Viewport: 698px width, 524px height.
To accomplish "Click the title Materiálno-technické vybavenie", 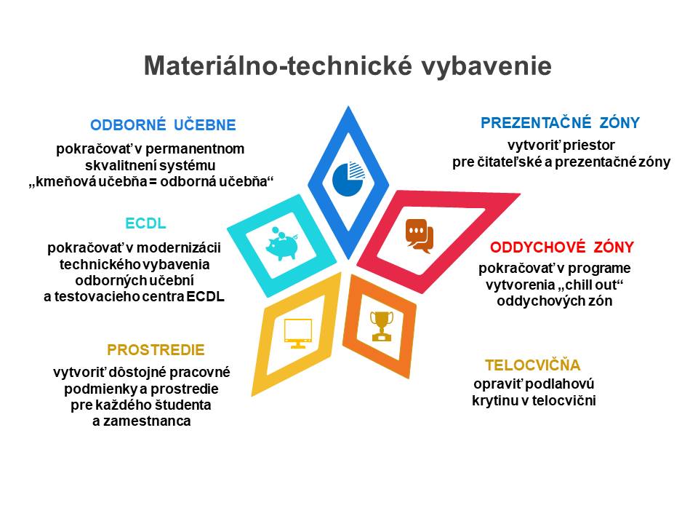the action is point(348,66).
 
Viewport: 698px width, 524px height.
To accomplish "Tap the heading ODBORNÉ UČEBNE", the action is point(163,124).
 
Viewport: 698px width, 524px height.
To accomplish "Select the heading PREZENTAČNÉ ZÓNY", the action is point(560,122).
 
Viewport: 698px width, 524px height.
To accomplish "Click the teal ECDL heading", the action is point(145,223).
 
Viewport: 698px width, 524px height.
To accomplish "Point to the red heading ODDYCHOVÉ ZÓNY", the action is point(562,247).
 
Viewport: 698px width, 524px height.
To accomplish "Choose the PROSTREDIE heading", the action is point(156,350).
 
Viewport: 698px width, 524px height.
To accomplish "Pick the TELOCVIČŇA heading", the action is point(533,365).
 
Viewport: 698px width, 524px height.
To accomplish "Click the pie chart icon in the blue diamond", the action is point(348,179).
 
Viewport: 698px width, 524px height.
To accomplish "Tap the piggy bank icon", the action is point(282,244).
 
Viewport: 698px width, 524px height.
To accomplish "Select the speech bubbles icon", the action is point(420,236).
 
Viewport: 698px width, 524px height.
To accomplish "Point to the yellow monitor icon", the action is point(298,333).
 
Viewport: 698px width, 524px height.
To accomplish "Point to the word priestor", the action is point(590,146).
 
